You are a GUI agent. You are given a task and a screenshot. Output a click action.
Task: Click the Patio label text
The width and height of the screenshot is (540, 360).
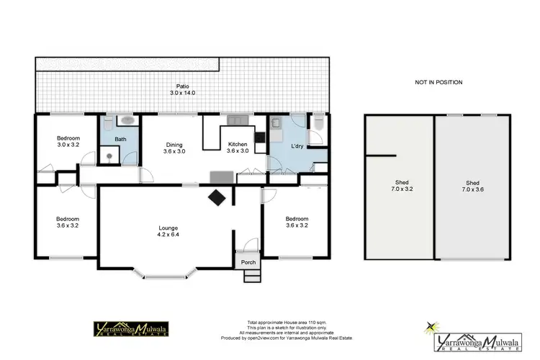pos(182,86)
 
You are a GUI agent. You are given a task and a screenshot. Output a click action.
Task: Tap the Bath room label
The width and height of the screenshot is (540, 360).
pos(120,139)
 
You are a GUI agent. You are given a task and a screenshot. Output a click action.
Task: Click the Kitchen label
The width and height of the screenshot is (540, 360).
pos(237,143)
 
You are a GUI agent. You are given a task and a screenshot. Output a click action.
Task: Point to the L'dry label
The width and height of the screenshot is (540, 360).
pos(297,146)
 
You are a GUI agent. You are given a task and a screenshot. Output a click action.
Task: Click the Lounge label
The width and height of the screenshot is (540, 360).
pos(168,228)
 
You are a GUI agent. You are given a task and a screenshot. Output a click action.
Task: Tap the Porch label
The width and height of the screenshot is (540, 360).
pos(248,261)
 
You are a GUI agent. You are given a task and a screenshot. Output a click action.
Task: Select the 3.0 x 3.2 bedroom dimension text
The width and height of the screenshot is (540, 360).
pos(68,145)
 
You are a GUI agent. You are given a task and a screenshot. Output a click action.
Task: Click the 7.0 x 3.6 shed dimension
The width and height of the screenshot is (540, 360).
pos(472,189)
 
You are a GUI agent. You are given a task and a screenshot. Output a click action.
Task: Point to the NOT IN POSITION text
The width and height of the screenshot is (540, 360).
pos(438,82)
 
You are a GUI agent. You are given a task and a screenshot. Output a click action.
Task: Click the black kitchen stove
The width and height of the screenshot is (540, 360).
pos(260,136)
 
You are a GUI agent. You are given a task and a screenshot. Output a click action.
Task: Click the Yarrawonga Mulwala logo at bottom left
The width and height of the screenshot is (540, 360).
pos(132,329)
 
